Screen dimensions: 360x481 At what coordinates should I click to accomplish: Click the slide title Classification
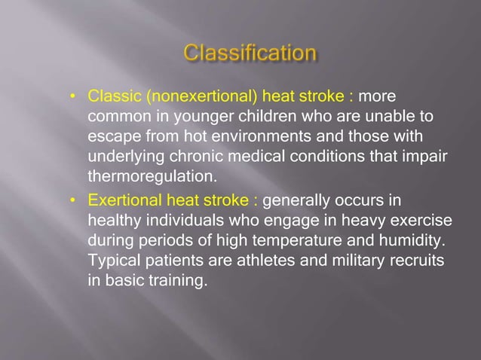coord(250,53)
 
